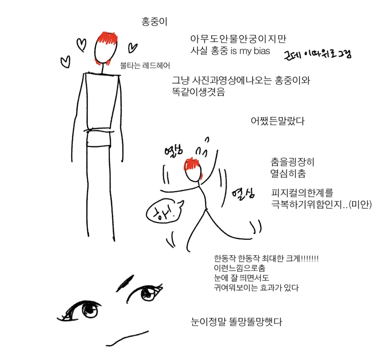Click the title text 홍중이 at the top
tap(154, 22)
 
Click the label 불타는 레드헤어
tap(145, 66)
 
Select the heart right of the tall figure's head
tap(132, 48)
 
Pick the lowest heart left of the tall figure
tap(66, 62)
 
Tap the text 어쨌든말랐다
tap(278, 121)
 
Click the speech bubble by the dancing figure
tap(162, 211)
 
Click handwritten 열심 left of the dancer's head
tap(173, 151)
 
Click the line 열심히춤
tap(288, 173)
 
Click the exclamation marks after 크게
tap(310, 258)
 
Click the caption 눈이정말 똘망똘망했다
tap(236, 321)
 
